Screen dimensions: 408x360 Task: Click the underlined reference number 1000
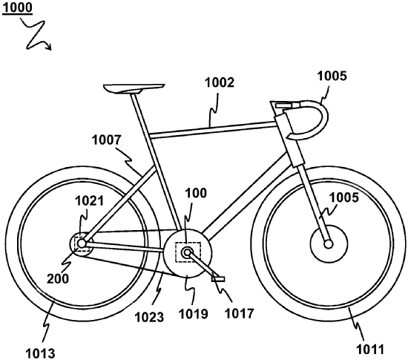pyautogui.click(x=18, y=7)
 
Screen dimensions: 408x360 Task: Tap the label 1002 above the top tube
pyautogui.click(x=220, y=82)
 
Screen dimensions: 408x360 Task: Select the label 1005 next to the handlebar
pyautogui.click(x=332, y=76)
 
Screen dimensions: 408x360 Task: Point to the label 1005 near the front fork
pyautogui.click(x=343, y=197)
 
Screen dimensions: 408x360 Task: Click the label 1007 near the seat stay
pyautogui.click(x=107, y=140)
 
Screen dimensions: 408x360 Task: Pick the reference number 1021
pyautogui.click(x=89, y=201)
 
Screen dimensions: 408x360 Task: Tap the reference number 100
pyautogui.click(x=196, y=193)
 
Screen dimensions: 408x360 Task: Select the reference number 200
pyautogui.click(x=58, y=278)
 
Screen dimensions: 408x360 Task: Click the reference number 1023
pyautogui.click(x=149, y=317)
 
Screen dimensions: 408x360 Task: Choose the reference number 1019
pyautogui.click(x=194, y=314)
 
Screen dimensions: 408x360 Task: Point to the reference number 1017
pyautogui.click(x=239, y=313)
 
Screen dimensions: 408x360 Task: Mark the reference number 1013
pyautogui.click(x=40, y=353)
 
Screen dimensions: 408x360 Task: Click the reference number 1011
pyautogui.click(x=370, y=350)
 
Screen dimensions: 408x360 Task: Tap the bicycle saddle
pyautogui.click(x=134, y=88)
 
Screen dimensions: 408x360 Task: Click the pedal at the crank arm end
pyautogui.click(x=218, y=279)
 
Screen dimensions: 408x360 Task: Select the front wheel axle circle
pyautogui.click(x=329, y=244)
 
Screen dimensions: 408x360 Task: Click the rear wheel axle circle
pyautogui.click(x=82, y=243)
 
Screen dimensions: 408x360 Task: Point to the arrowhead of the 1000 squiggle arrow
pyautogui.click(x=49, y=47)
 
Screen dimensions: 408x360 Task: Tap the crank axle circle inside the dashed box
pyautogui.click(x=187, y=252)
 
